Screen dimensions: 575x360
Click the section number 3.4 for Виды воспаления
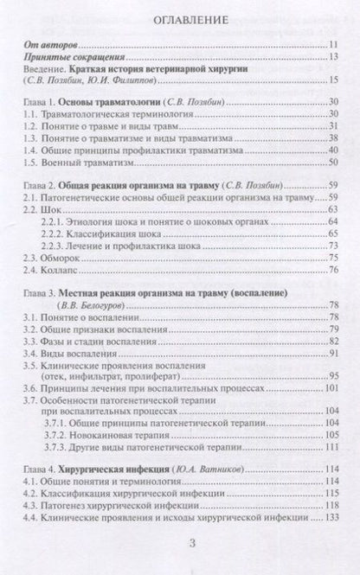coord(31,357)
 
